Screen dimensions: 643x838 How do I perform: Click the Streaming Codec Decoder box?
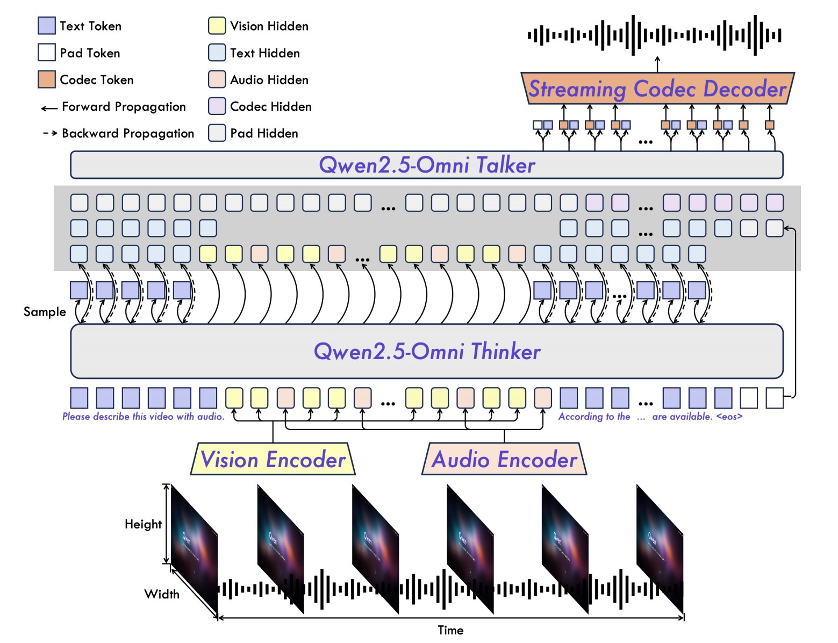(x=657, y=88)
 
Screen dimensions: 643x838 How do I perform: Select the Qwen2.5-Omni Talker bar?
(x=426, y=165)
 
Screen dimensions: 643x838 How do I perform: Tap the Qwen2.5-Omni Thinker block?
(x=426, y=351)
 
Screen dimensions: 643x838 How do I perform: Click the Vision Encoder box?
(x=273, y=459)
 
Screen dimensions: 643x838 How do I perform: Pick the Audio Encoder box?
(x=504, y=459)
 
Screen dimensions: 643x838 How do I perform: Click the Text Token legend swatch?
(x=47, y=26)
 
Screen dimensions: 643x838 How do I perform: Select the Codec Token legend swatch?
(x=47, y=80)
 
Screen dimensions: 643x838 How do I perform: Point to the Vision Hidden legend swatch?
(x=217, y=26)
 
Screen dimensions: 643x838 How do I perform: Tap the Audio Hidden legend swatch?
(x=217, y=80)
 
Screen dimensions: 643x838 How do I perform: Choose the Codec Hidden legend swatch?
(x=217, y=106)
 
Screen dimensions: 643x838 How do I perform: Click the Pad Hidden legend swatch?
(x=217, y=133)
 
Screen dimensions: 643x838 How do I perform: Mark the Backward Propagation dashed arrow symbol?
(x=50, y=133)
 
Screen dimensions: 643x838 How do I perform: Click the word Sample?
(x=45, y=312)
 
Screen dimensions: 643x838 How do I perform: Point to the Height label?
(x=143, y=524)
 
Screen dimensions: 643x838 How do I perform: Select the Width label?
(x=162, y=594)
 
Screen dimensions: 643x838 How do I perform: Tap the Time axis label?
(x=450, y=630)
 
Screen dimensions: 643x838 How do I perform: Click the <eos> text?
(x=729, y=417)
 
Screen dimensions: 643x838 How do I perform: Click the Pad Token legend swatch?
(x=47, y=53)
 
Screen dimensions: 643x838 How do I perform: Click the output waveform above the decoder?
(x=654, y=35)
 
